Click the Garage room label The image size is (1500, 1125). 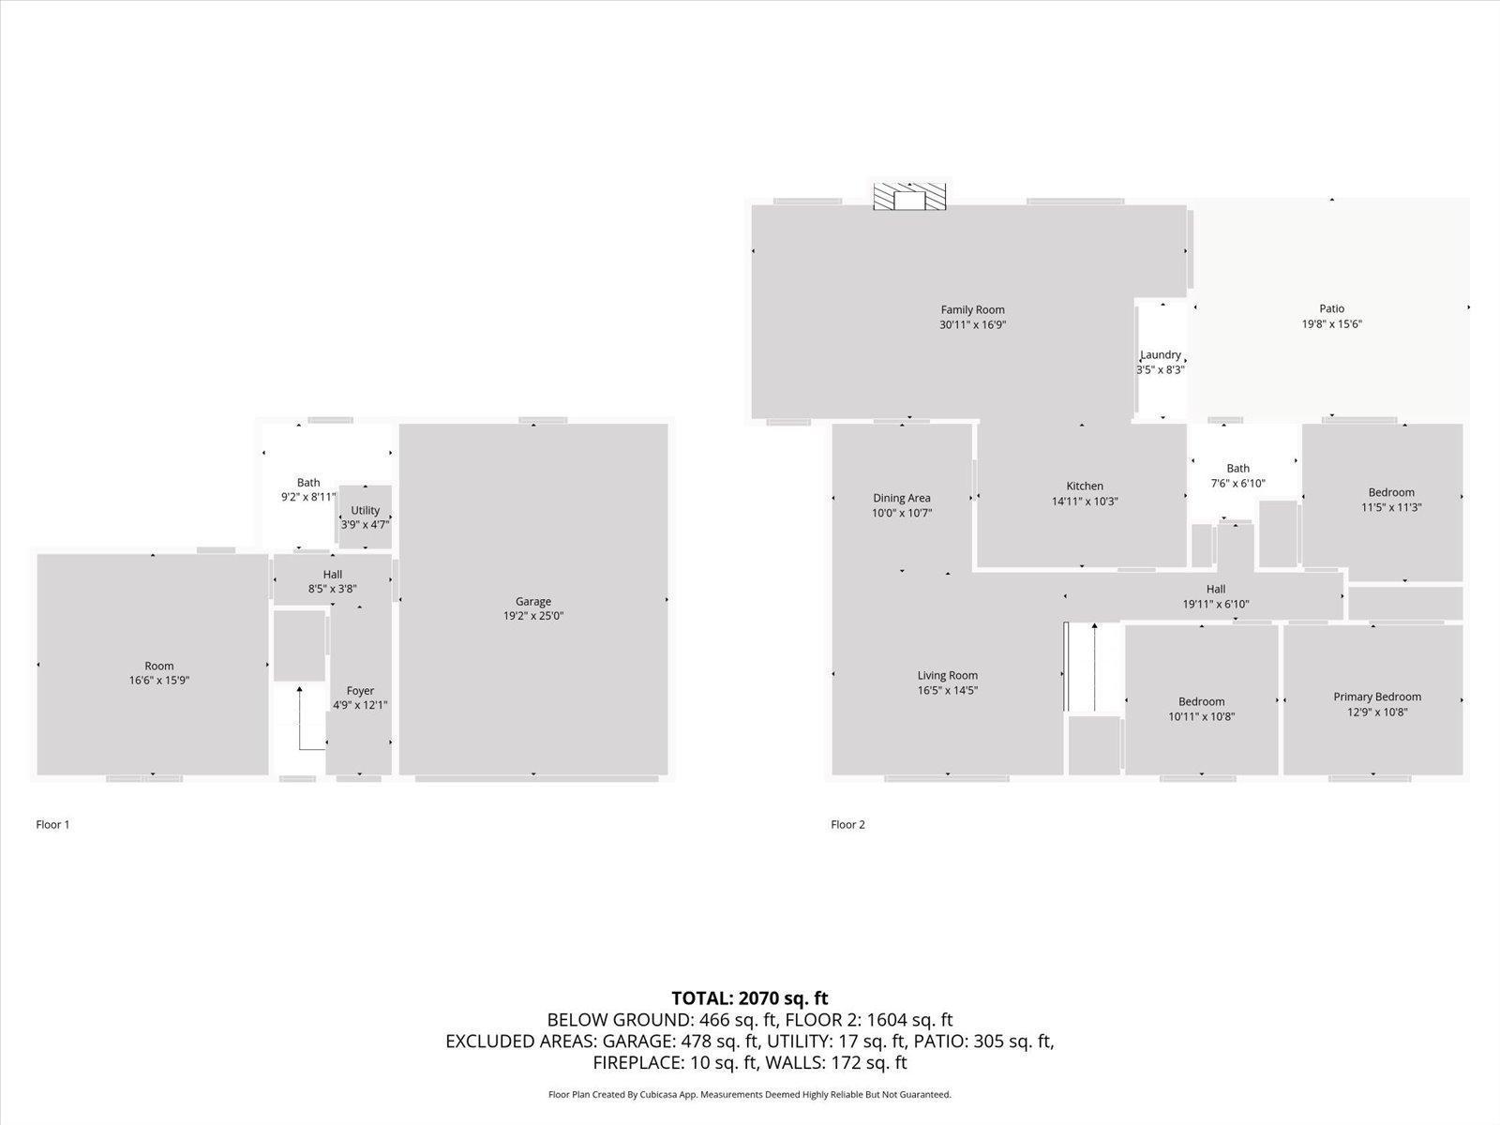[533, 601]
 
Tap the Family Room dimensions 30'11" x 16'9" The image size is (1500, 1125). [972, 325]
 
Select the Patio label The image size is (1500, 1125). [1332, 308]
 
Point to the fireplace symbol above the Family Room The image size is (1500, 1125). [909, 197]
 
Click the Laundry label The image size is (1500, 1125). [1161, 354]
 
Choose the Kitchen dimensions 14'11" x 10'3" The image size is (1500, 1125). [1085, 502]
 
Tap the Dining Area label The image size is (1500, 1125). [901, 498]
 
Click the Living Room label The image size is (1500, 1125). [947, 676]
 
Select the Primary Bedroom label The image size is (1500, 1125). [1377, 697]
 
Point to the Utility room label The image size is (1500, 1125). [365, 510]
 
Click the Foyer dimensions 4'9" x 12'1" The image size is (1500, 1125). [360, 705]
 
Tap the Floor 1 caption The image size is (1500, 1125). [52, 824]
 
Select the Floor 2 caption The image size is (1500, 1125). [847, 824]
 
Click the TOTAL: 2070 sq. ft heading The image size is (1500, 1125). [750, 997]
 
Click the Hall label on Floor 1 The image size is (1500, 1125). [332, 575]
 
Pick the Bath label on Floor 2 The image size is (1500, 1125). [1237, 469]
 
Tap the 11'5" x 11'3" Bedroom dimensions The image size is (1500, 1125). [1391, 507]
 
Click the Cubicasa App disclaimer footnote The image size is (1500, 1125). [750, 1094]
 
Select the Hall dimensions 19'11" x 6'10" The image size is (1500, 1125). [1216, 604]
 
